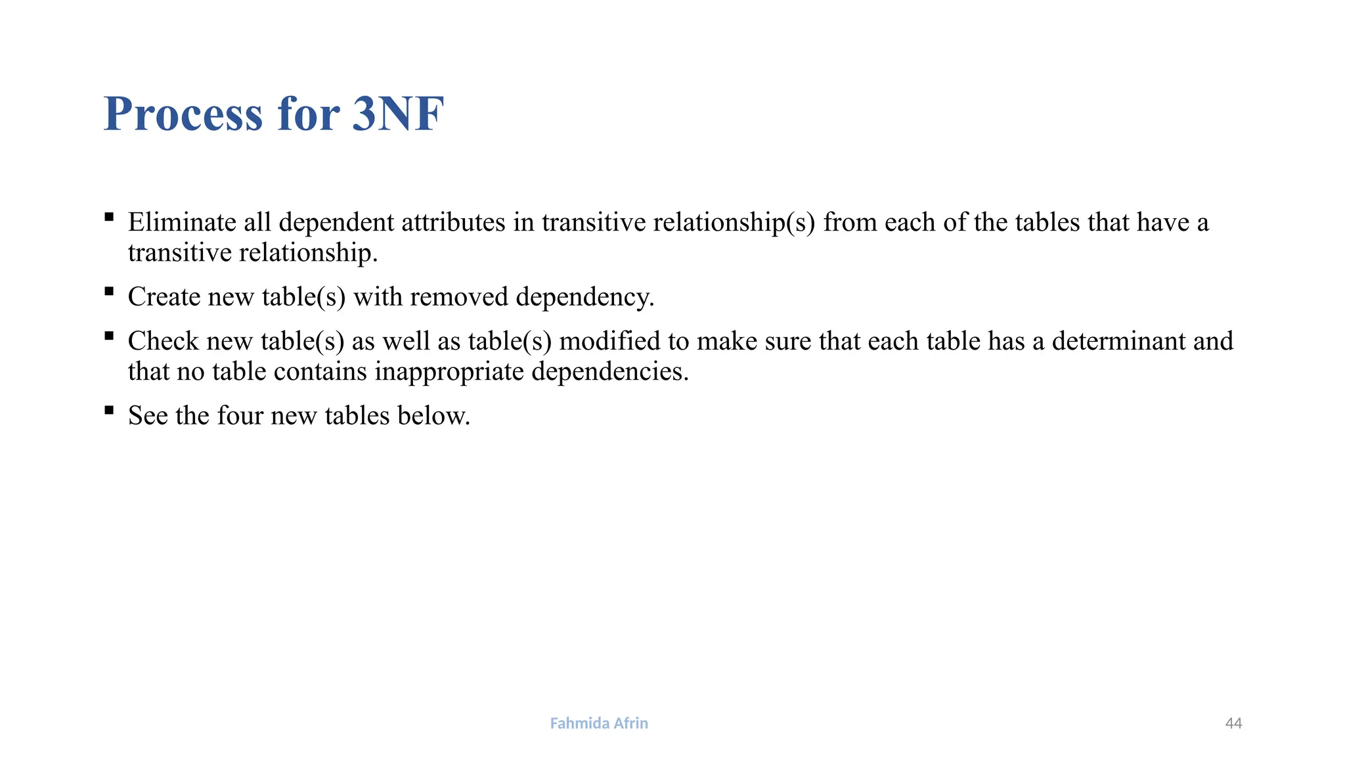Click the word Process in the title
click(183, 114)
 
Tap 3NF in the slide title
click(398, 114)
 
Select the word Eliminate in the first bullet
click(182, 222)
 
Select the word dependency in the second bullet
click(584, 297)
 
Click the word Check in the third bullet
click(163, 341)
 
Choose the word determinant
click(1119, 341)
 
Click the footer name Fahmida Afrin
click(599, 723)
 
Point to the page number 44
click(1233, 723)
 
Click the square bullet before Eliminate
click(109, 217)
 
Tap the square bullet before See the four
click(109, 411)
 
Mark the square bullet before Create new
click(109, 291)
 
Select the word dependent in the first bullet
click(336, 222)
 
